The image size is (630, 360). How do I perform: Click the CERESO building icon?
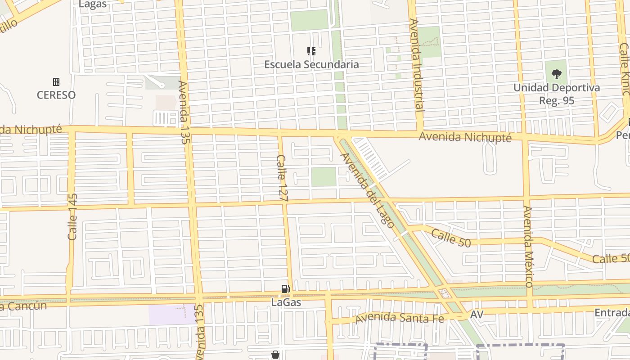(56, 82)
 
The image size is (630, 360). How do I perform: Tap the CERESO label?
(56, 95)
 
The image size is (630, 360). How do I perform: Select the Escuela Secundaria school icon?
(311, 51)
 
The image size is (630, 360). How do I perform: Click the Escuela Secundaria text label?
(311, 64)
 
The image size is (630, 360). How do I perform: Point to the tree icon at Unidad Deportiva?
(557, 74)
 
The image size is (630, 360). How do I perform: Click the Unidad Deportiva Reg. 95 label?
(557, 94)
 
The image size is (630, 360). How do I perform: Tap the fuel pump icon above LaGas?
(285, 289)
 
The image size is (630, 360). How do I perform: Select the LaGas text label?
(286, 302)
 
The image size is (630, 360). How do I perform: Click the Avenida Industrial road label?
(417, 65)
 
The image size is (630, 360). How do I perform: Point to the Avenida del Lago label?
(367, 190)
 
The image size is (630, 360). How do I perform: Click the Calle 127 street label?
(282, 177)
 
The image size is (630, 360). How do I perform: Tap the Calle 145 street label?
(72, 216)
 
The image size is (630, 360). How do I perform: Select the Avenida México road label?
(528, 246)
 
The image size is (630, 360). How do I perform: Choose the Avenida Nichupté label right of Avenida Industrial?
(465, 137)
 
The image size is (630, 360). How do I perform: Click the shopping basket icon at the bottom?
(275, 355)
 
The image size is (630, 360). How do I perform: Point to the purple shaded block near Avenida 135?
(171, 315)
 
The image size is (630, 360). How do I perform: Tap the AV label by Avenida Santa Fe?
(477, 314)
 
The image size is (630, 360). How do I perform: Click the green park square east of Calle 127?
(324, 176)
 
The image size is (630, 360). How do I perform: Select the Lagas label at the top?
(93, 4)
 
